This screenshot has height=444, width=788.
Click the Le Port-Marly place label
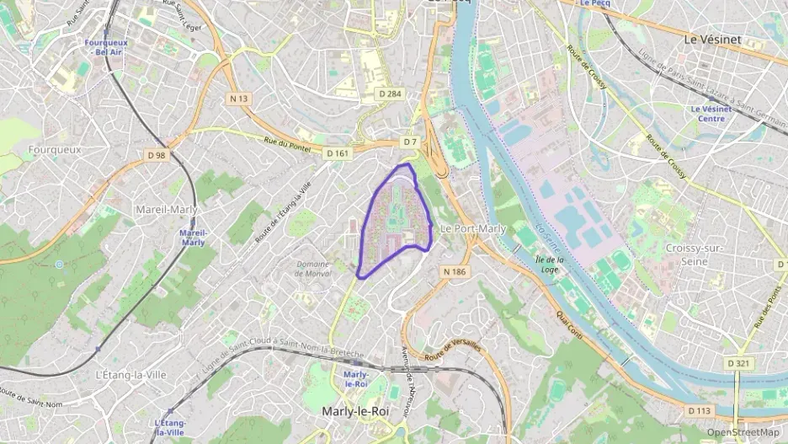click(x=473, y=228)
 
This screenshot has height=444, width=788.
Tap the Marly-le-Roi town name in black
click(x=354, y=411)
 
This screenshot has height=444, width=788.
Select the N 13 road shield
click(x=239, y=99)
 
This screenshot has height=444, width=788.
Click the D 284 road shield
click(x=390, y=94)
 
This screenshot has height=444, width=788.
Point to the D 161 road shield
click(x=337, y=152)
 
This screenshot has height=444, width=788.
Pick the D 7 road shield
click(x=410, y=142)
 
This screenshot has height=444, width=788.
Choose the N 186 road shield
click(x=454, y=271)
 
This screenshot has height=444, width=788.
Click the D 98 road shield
click(x=156, y=155)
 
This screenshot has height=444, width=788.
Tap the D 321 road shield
click(x=737, y=364)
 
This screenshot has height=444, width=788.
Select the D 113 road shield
click(x=700, y=410)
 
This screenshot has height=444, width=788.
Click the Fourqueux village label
click(x=54, y=149)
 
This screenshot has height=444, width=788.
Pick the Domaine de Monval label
click(x=313, y=269)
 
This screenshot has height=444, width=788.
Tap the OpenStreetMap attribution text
click(x=743, y=432)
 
